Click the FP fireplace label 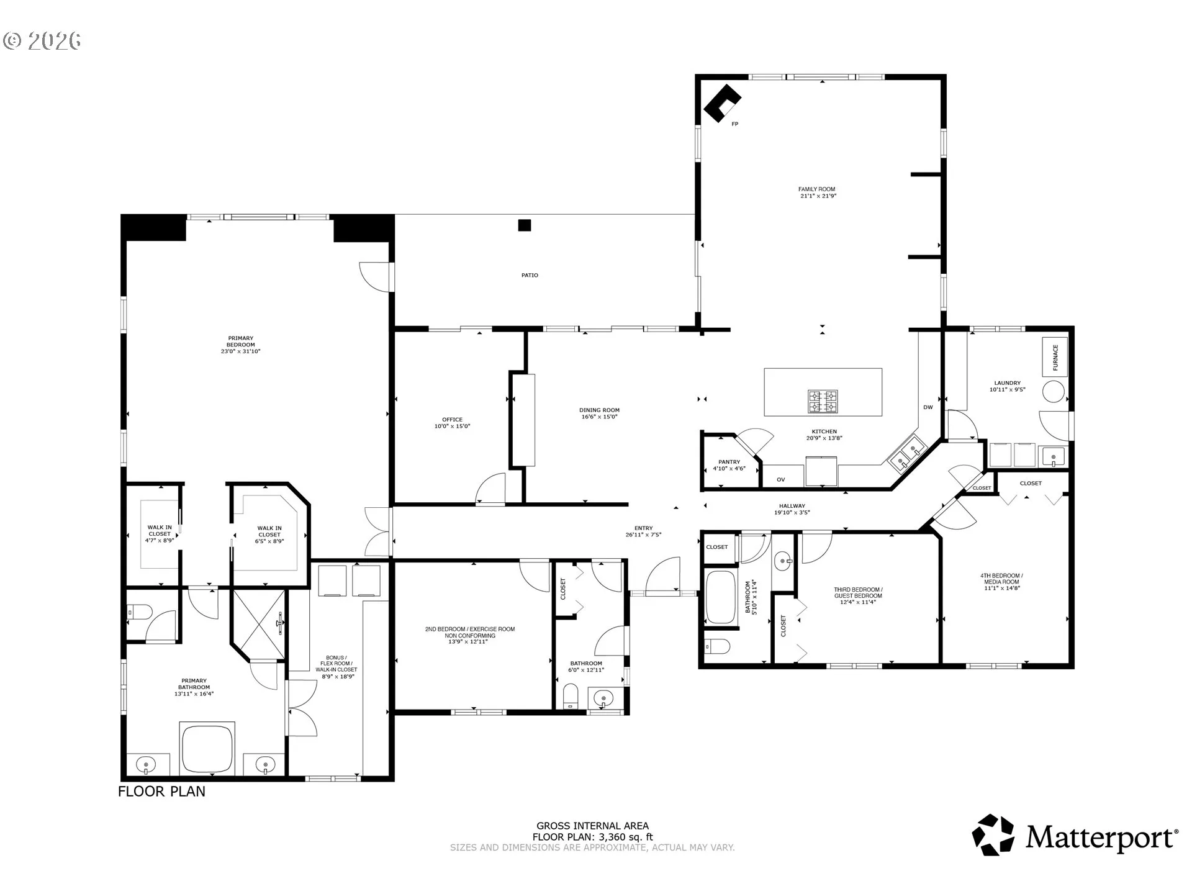pos(735,124)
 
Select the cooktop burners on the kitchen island pos(823,401)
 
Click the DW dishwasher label pos(928,407)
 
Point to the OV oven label pos(781,479)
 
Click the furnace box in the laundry pos(1055,357)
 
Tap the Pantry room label pos(729,465)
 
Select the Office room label pos(453,423)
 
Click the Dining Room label pos(600,413)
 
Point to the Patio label pos(530,275)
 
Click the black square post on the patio pos(525,225)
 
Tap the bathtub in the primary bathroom pos(207,747)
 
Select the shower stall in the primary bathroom pos(259,623)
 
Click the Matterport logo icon pos(993,835)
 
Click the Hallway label pos(792,509)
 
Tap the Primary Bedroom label pos(241,345)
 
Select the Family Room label pos(817,192)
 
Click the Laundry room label pos(1008,386)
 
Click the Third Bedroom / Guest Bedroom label pos(858,595)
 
